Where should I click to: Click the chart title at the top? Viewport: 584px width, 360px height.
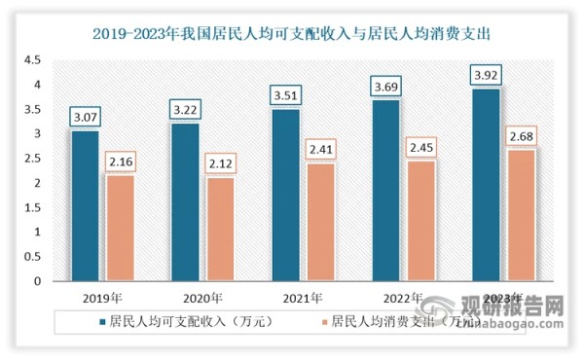(x=291, y=32)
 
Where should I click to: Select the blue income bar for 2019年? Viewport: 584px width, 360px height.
(x=85, y=205)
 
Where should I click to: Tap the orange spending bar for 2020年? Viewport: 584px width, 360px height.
(x=219, y=229)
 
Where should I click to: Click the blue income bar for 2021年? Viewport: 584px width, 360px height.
(x=283, y=195)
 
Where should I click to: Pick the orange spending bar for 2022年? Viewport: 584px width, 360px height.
(x=420, y=221)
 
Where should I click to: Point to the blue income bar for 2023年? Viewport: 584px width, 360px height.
(x=484, y=185)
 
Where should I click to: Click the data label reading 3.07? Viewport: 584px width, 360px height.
(x=85, y=118)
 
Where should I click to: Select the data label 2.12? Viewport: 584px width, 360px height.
(x=219, y=164)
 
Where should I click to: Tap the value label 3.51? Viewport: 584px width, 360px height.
(x=283, y=96)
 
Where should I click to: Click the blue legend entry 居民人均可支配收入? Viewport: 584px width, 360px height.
(x=175, y=319)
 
